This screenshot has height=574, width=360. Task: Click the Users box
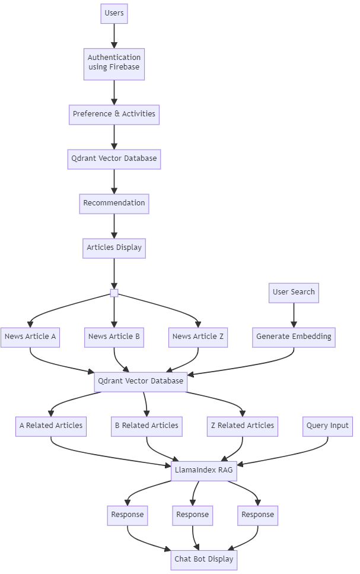(114, 14)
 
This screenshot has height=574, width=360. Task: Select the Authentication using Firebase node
(114, 64)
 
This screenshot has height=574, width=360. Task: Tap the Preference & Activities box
(114, 115)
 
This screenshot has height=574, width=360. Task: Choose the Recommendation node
(114, 204)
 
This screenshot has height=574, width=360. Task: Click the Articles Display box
(114, 249)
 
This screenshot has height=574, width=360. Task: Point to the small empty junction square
(114, 293)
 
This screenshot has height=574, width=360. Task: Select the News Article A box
(30, 338)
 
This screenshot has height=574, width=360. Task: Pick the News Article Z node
(198, 338)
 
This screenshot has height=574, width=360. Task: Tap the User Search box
(294, 293)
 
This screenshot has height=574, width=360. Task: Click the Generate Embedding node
(294, 338)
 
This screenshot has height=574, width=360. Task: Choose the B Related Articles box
(146, 426)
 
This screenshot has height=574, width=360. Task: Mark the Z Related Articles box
(243, 426)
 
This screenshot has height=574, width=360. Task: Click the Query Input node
(328, 426)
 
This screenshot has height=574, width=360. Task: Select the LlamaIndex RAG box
(204, 471)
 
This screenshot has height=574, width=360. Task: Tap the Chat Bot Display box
(204, 560)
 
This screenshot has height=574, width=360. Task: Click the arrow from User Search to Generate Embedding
(294, 315)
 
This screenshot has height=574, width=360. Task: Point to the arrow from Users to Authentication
(114, 36)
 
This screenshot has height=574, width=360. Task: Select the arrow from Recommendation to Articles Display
(114, 226)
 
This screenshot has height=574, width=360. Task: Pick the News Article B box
(114, 338)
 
